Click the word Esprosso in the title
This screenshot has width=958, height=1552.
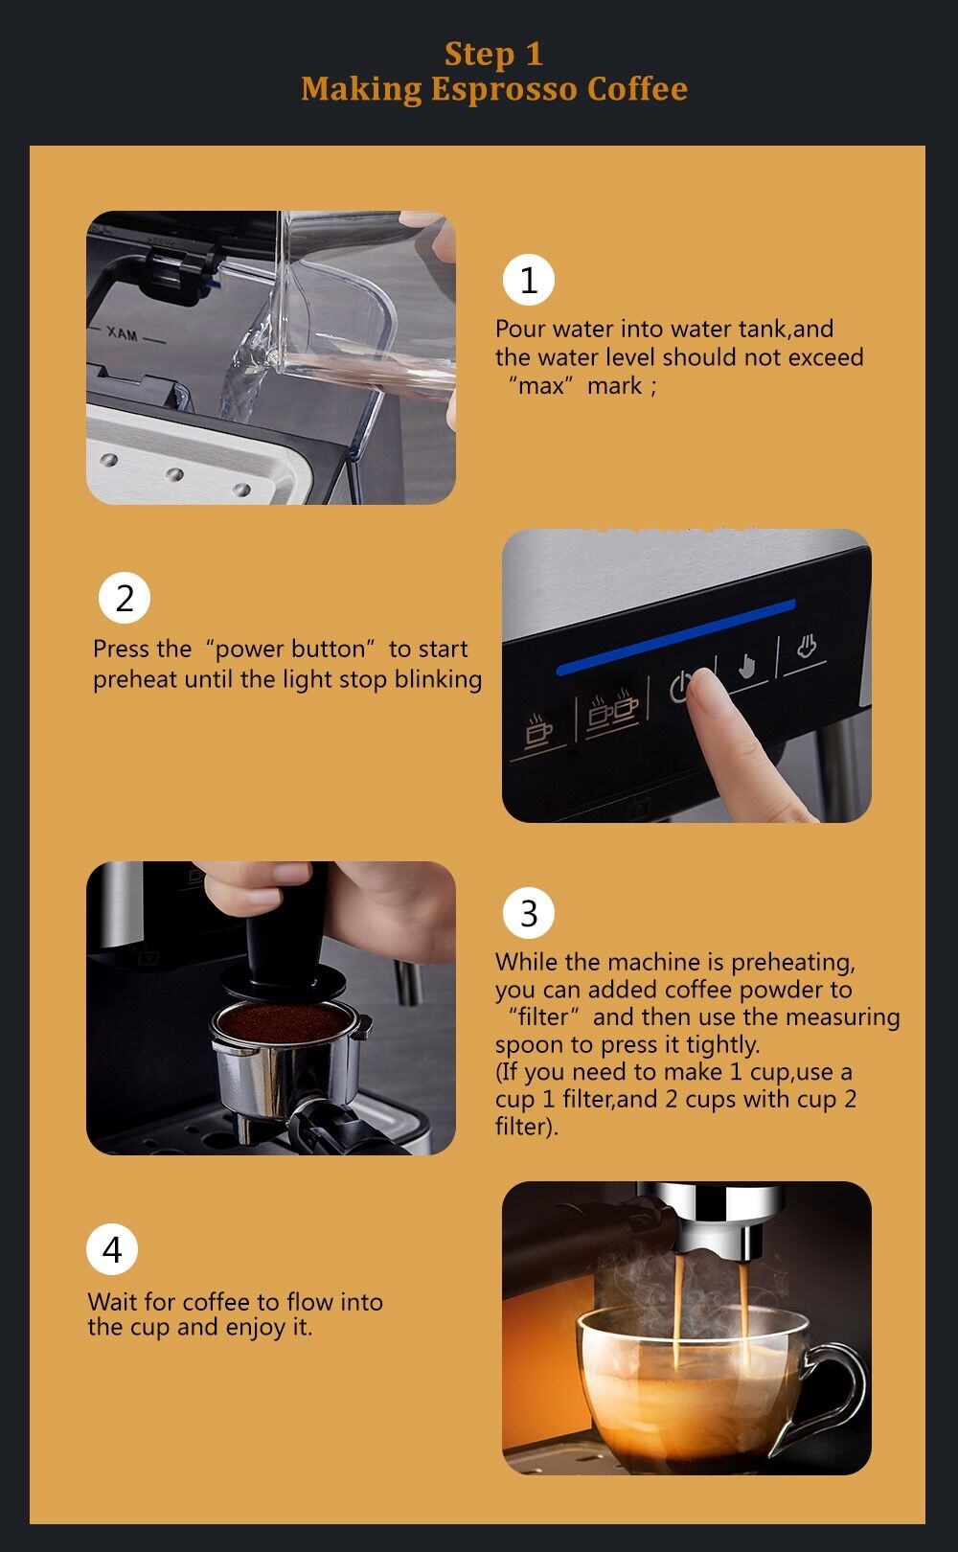click(504, 89)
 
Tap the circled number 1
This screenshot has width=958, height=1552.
click(528, 281)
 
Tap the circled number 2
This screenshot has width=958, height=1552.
click(125, 598)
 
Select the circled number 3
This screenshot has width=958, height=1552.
click(528, 913)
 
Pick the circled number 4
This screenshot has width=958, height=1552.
click(112, 1250)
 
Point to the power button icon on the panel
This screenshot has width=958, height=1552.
click(680, 686)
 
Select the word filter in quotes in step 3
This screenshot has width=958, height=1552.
click(543, 1017)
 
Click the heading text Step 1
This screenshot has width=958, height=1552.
click(493, 54)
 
